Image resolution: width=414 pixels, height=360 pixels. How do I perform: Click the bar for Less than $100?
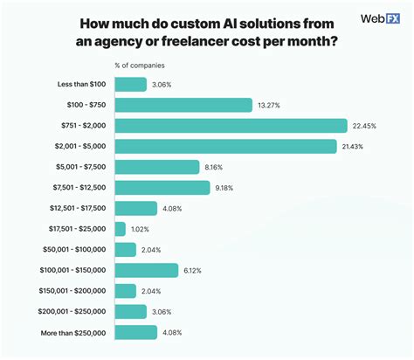point(130,84)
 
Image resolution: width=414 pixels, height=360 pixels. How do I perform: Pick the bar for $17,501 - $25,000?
point(120,229)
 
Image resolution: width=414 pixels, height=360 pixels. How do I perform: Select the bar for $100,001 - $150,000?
point(146,271)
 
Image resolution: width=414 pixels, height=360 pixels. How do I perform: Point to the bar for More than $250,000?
point(135,333)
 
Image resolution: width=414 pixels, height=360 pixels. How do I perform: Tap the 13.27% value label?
point(268,105)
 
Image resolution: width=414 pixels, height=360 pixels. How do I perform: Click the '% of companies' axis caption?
point(140,65)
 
